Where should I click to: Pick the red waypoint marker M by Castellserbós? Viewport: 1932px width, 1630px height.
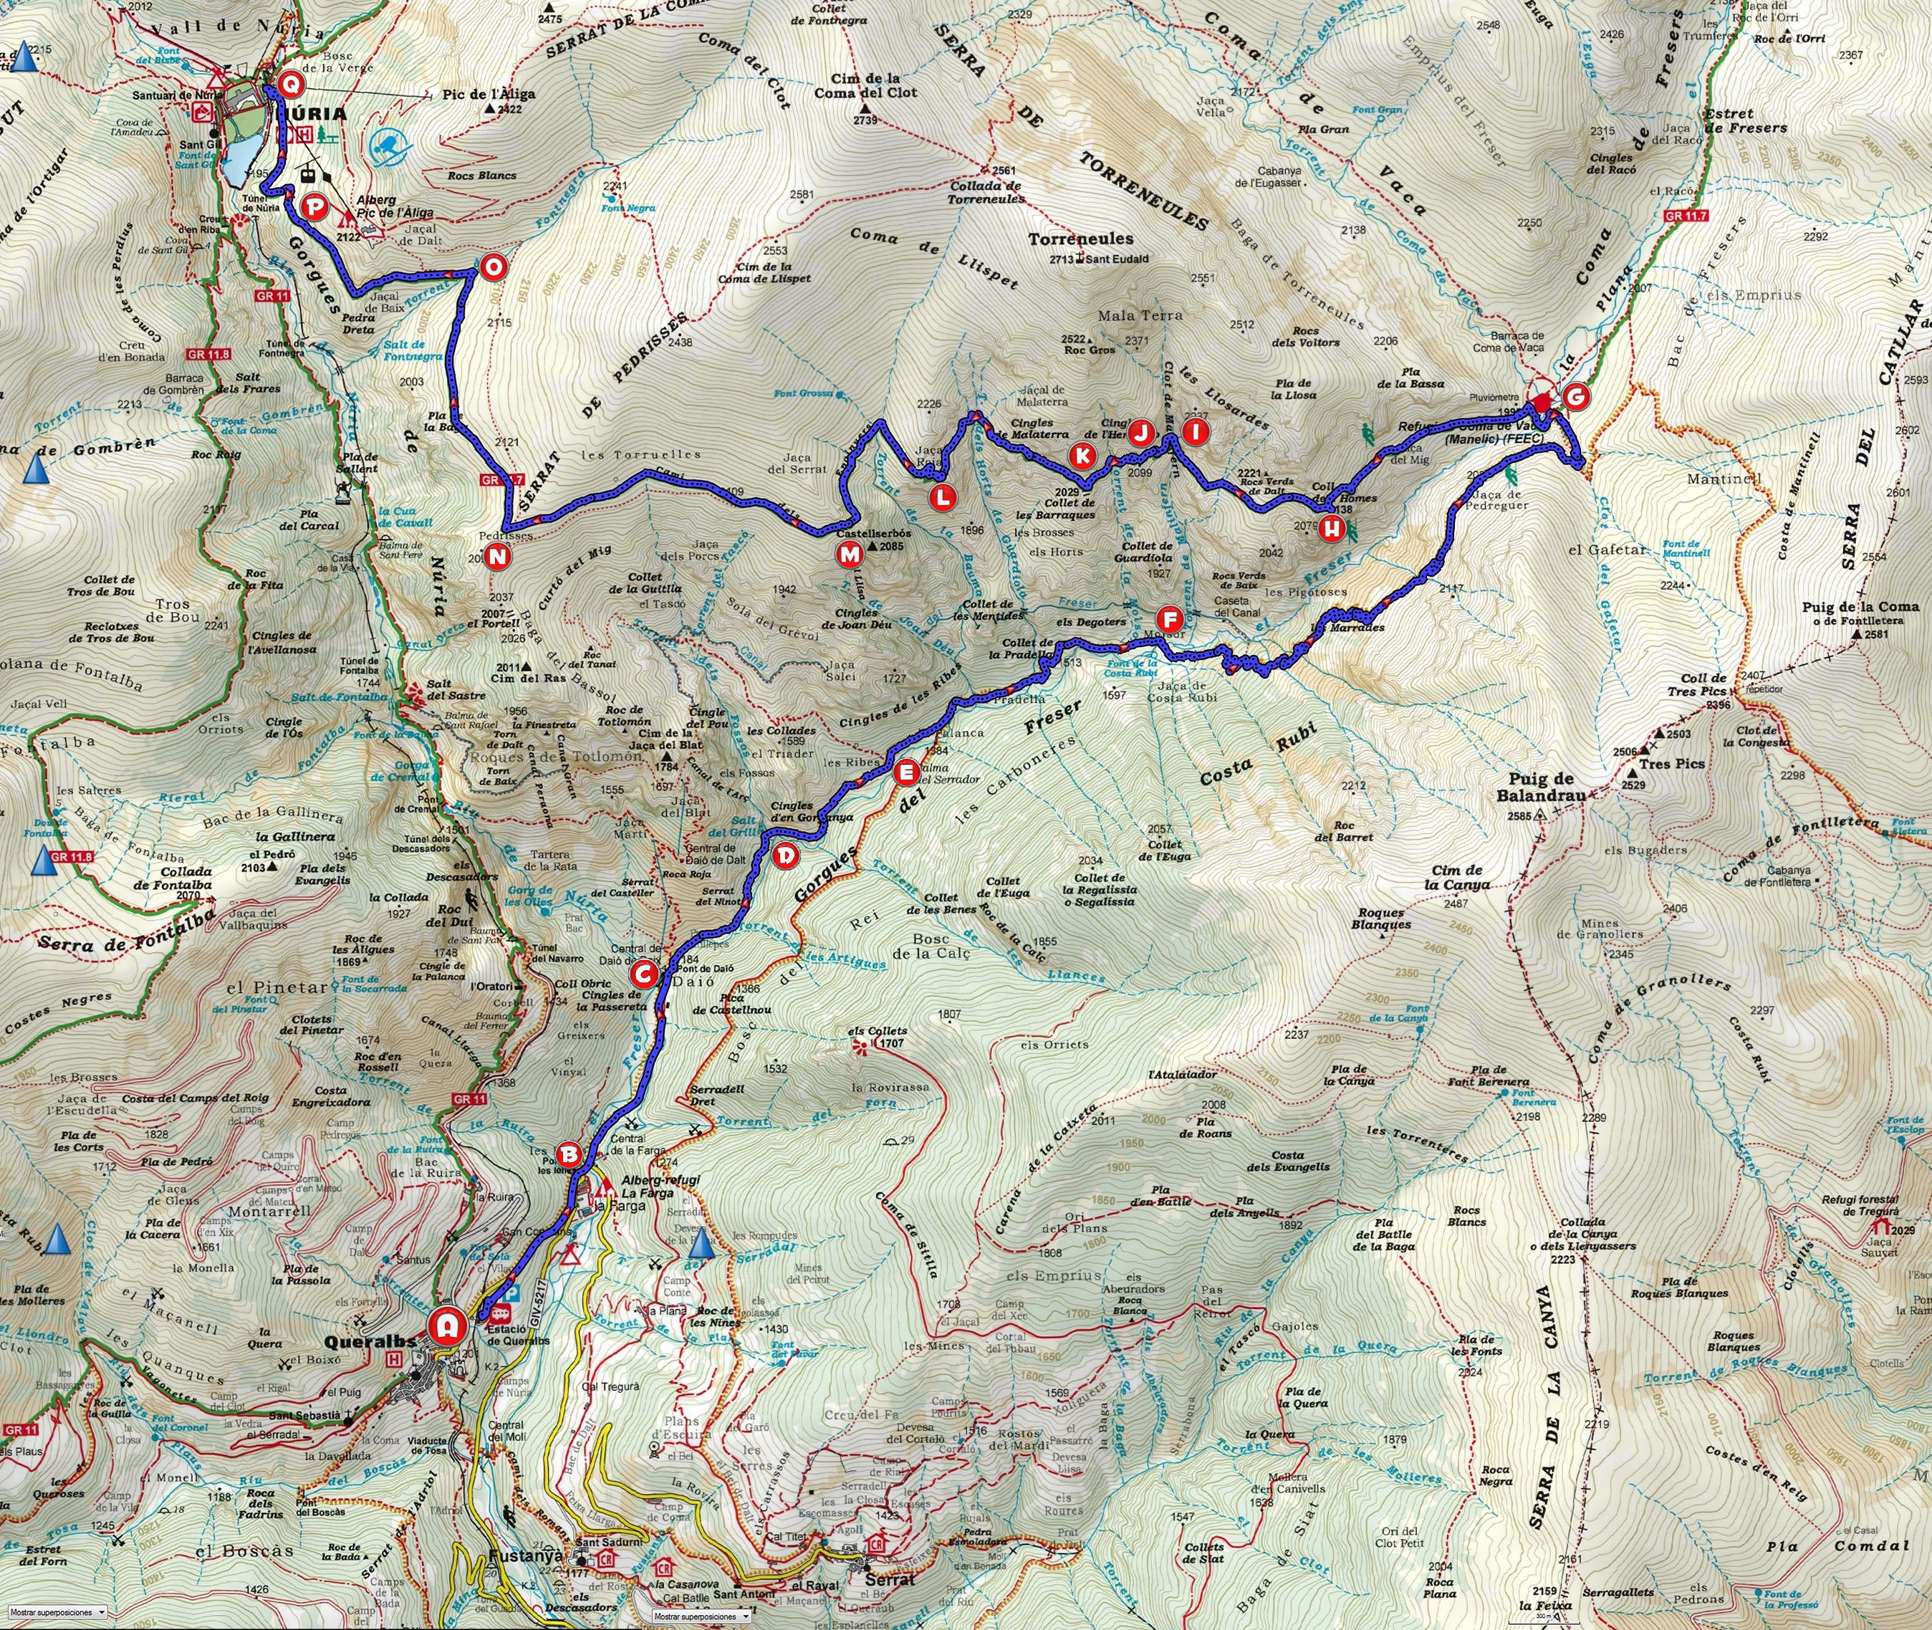click(x=848, y=555)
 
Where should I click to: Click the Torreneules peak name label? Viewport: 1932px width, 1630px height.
click(x=1081, y=239)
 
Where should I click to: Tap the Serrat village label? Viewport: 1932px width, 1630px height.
click(x=888, y=1579)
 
